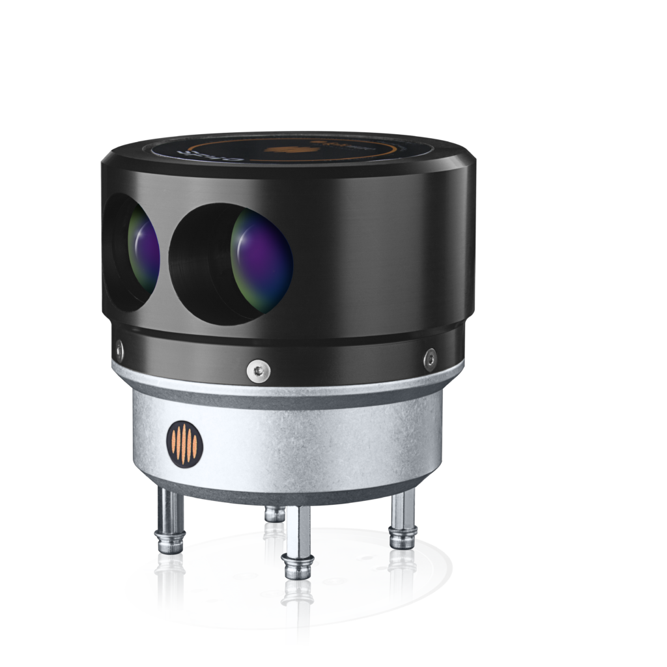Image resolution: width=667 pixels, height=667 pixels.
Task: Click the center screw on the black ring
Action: (x=257, y=371)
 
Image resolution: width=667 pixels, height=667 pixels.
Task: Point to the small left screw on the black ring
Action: (x=119, y=346)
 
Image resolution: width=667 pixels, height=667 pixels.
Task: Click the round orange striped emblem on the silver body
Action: (x=185, y=444)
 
